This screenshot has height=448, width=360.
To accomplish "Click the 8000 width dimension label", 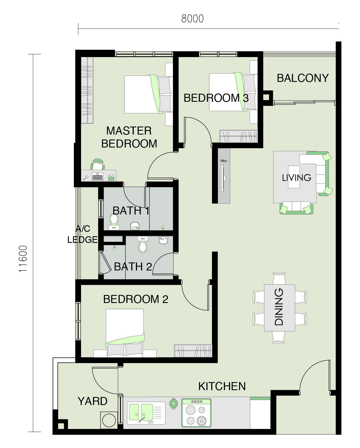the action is (192, 19).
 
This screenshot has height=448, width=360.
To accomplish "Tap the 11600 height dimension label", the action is (23, 259).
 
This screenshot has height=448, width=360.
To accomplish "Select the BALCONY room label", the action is (303, 78).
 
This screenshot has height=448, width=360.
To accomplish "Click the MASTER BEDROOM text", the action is (129, 137).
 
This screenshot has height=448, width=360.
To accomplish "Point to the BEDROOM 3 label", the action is (216, 98).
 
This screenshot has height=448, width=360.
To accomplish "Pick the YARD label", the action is (92, 401).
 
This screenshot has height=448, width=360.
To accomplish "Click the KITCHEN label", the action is (222, 386).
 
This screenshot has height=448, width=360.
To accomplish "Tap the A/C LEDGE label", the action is (82, 234).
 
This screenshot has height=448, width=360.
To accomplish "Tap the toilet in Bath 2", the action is (143, 244).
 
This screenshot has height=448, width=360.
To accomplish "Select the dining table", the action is (280, 308).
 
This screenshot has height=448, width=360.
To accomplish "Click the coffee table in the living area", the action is (294, 177).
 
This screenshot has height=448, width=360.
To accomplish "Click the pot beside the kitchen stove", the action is (173, 404).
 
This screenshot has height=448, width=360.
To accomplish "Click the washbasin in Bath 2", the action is (163, 240).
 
